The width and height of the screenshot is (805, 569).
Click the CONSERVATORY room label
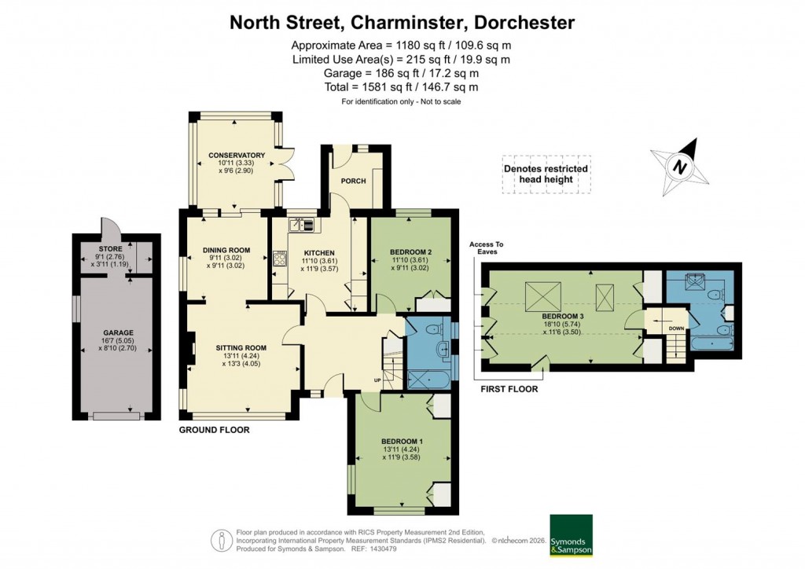236,155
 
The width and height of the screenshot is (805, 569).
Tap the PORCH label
353,181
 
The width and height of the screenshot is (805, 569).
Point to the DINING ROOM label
226,250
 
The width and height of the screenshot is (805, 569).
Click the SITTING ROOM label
241,347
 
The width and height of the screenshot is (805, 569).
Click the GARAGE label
117,332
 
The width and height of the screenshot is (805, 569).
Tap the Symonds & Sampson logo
571,535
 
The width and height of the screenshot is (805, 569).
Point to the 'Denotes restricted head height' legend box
545,174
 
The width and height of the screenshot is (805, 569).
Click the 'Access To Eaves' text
487,248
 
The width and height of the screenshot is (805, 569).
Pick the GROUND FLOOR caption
214,430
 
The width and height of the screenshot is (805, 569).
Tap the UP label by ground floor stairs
377,380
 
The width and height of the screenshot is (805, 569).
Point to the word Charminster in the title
409,22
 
